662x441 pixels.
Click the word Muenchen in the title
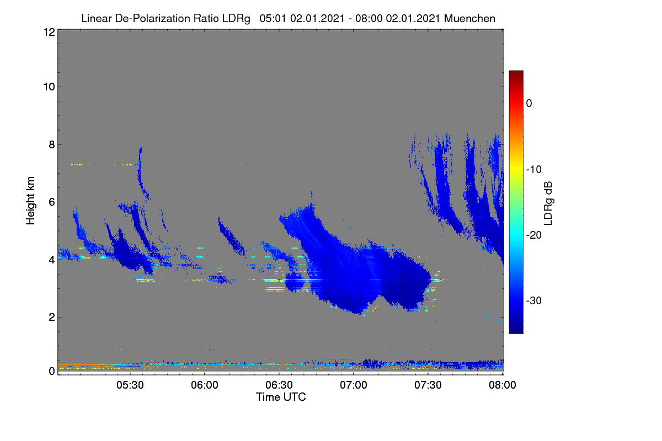pos(469,18)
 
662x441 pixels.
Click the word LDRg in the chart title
pos(236,19)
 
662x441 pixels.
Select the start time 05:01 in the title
pos(273,18)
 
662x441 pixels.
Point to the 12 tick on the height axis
pos(49,32)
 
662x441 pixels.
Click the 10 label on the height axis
pos(49,87)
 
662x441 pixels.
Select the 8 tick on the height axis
pos(52,144)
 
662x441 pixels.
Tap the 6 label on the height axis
pos(52,202)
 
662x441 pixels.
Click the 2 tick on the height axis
pos(52,317)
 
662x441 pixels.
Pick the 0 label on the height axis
pos(52,371)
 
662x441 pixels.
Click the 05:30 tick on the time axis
pos(130,385)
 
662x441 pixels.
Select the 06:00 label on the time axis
pos(205,385)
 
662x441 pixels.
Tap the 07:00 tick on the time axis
pos(354,385)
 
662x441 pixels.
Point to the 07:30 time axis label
pos(428,385)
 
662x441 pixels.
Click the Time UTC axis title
pos(281,397)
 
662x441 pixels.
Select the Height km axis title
pos(30,201)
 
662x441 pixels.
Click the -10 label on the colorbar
pos(534,170)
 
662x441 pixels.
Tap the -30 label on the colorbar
pos(534,300)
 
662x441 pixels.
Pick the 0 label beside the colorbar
pos(529,104)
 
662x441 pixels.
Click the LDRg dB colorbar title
pos(548,203)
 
